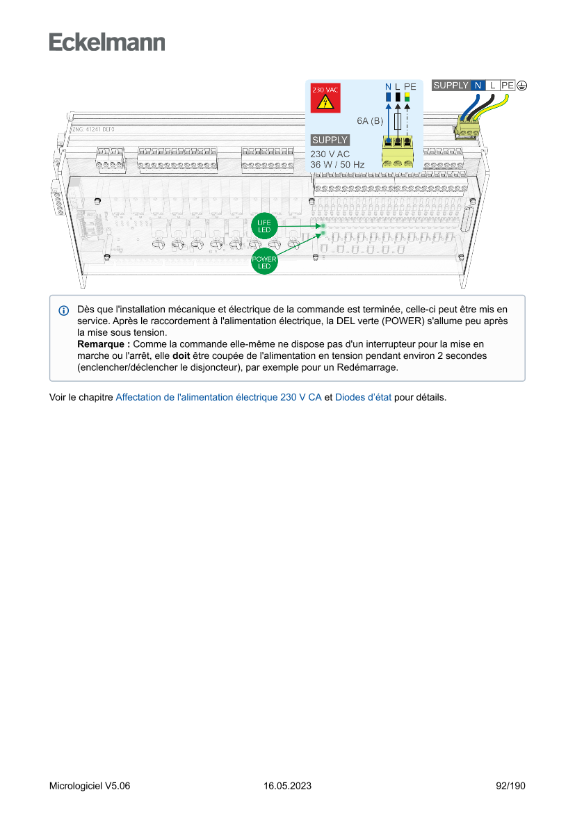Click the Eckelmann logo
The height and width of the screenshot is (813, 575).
pyautogui.click(x=107, y=42)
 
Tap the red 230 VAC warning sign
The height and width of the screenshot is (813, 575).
pyautogui.click(x=325, y=99)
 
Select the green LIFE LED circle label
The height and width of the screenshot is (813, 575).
pyautogui.click(x=264, y=226)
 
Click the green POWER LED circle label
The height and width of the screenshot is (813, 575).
pyautogui.click(x=264, y=263)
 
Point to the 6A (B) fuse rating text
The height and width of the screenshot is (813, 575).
pyautogui.click(x=370, y=121)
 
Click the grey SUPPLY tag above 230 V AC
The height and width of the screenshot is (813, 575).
pyautogui.click(x=330, y=140)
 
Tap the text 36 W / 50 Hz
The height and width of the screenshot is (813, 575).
pyautogui.click(x=337, y=165)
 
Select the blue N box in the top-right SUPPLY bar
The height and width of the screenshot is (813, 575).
pyautogui.click(x=478, y=86)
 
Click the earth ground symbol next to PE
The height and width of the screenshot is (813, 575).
pyautogui.click(x=521, y=86)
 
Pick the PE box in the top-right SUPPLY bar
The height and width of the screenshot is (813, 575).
pyautogui.click(x=508, y=86)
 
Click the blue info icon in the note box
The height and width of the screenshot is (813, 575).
pyautogui.click(x=64, y=310)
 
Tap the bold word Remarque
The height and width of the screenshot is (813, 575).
pyautogui.click(x=103, y=344)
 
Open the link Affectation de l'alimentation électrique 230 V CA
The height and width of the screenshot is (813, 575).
pyautogui.click(x=218, y=398)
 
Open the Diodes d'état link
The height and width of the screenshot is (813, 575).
pyautogui.click(x=364, y=398)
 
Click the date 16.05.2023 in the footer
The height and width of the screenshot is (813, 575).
pyautogui.click(x=287, y=786)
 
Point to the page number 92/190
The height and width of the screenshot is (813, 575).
pyautogui.click(x=510, y=786)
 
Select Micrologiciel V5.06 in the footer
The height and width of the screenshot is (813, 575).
pyautogui.click(x=90, y=786)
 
